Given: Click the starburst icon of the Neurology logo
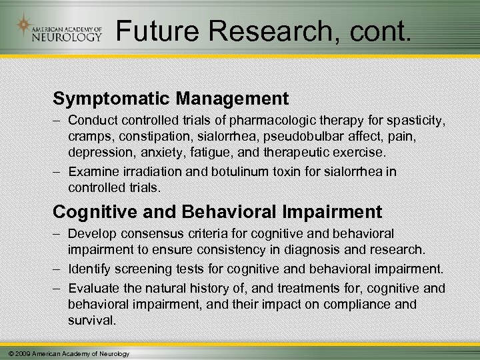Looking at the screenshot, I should click(24, 25).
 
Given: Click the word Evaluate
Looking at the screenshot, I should click(92, 287).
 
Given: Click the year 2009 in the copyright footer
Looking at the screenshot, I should click(21, 353).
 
